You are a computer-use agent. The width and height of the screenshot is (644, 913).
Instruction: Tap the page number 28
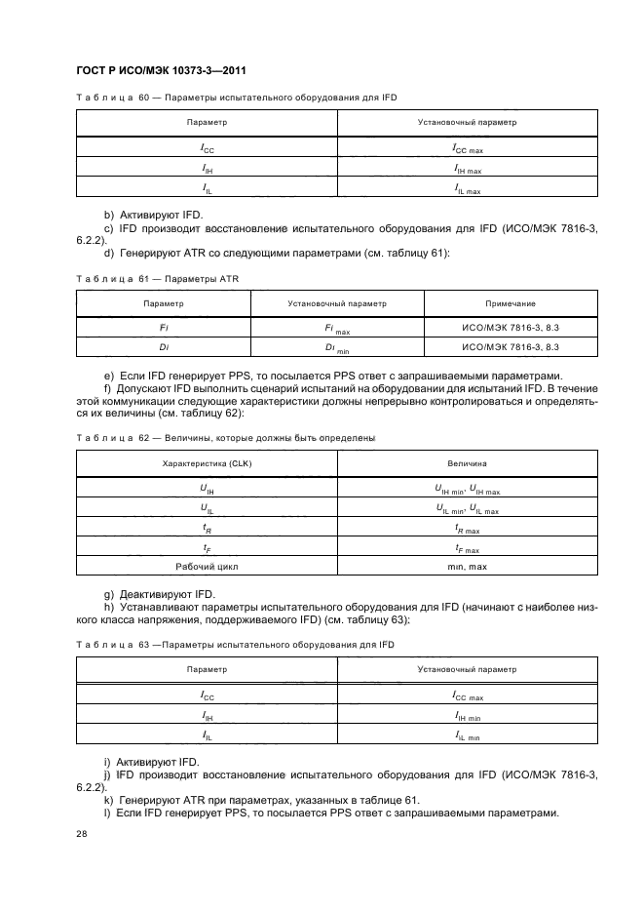tap(81, 835)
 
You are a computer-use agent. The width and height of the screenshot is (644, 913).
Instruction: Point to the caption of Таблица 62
tap(225, 438)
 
